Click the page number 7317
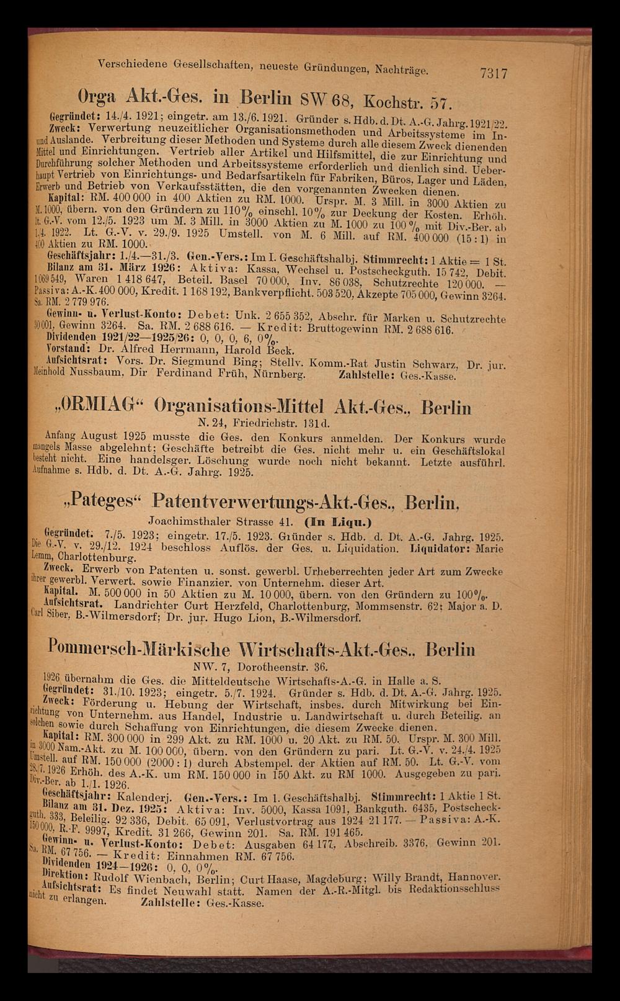[494, 73]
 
